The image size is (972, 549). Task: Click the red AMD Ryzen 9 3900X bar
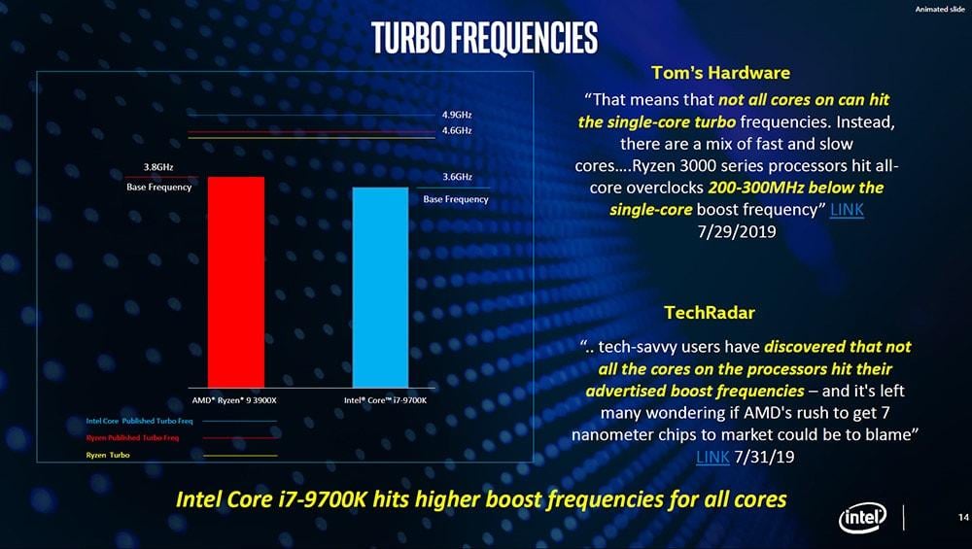(235, 282)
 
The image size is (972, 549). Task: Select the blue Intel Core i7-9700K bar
(380, 287)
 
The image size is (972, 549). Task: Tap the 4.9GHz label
(457, 115)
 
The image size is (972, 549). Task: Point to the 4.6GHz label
(457, 130)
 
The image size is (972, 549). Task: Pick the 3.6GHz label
(457, 177)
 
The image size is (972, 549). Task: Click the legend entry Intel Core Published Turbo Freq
(140, 421)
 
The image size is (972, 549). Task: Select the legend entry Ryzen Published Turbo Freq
(132, 438)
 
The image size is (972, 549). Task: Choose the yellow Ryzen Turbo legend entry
(108, 456)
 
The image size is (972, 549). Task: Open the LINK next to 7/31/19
(713, 457)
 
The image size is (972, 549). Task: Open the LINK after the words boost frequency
(847, 210)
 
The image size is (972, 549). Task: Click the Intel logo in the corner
(862, 520)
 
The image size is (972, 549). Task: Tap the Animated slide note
(939, 10)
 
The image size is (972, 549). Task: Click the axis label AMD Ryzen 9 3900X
(234, 400)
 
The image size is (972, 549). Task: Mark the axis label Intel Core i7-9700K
(385, 400)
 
